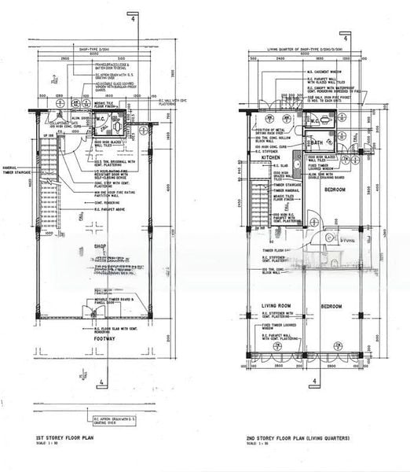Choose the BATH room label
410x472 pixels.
[x=317, y=143]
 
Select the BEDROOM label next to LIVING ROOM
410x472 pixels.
[x=331, y=305]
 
